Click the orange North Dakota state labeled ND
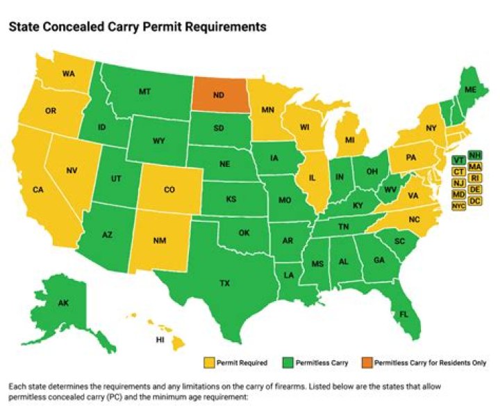coord(222,95)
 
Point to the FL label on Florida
coord(401,314)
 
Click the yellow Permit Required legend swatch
coord(208,362)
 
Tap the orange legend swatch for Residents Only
coord(366,362)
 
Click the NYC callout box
coord(458,206)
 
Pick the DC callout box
coord(476,201)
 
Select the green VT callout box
coord(458,159)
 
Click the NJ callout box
coord(458,183)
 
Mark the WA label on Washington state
coord(69,73)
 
